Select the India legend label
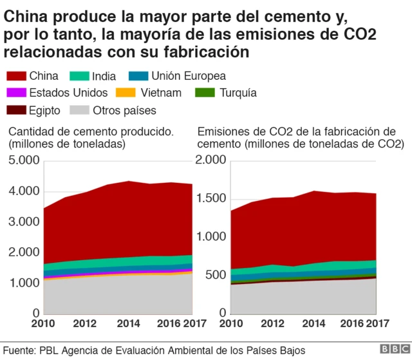tap(104, 75)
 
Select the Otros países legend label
tap(124, 110)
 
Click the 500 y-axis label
tap(215, 276)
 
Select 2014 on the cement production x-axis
tap(129, 323)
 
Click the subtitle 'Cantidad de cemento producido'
tap(90, 132)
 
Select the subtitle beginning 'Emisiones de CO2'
tap(296, 132)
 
